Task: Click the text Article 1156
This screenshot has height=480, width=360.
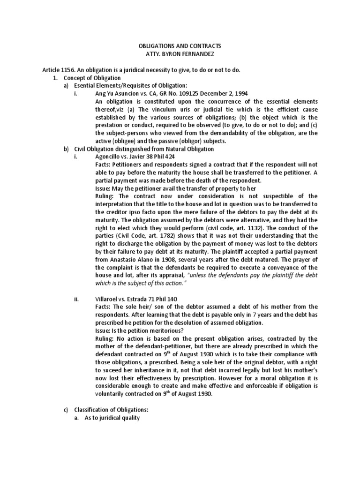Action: pyautogui.click(x=58, y=70)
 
